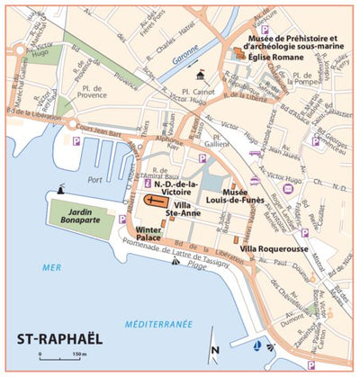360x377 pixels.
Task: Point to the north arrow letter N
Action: pyautogui.click(x=213, y=350)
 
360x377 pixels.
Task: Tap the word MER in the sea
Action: pyautogui.click(x=50, y=267)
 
